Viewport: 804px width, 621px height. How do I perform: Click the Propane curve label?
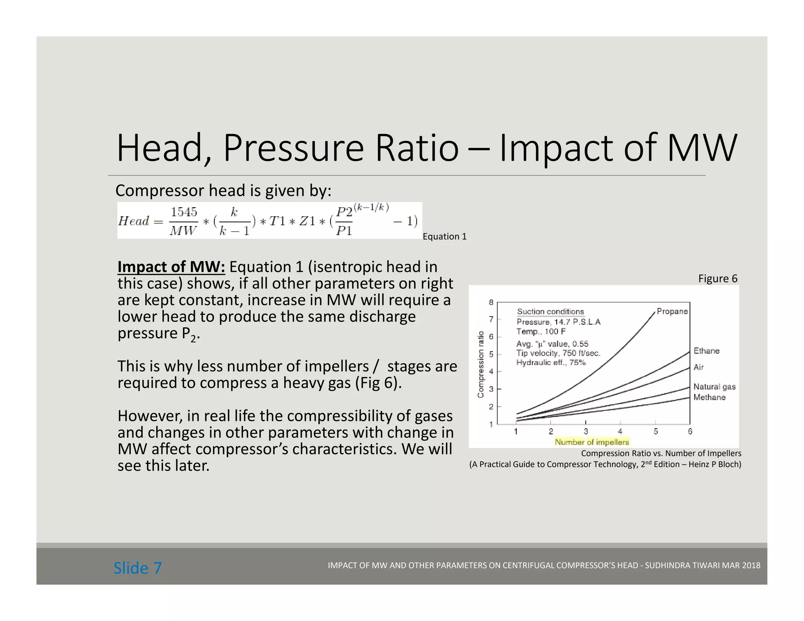672,311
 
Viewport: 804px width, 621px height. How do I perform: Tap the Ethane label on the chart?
706,351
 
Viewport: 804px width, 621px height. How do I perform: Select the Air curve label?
698,367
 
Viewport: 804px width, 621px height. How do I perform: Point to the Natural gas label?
714,387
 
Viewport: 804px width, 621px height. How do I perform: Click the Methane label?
709,397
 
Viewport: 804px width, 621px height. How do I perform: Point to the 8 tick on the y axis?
491,302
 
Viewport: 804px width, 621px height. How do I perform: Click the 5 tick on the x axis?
656,431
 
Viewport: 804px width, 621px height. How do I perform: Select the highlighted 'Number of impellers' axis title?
592,442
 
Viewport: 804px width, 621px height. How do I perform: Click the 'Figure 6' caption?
718,279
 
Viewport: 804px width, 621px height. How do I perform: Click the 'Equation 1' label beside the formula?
444,236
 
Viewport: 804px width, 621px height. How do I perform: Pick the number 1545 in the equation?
183,212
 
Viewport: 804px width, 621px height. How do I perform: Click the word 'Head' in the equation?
134,221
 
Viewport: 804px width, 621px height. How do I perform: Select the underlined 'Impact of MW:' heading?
171,267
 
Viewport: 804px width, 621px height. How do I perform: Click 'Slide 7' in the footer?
137,568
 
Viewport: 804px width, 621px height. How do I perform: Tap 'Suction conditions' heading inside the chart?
550,312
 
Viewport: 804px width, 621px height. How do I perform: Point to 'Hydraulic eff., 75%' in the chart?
550,362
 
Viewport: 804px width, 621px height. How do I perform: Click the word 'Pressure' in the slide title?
294,148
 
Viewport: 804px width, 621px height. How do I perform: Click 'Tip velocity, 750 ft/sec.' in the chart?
558,353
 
